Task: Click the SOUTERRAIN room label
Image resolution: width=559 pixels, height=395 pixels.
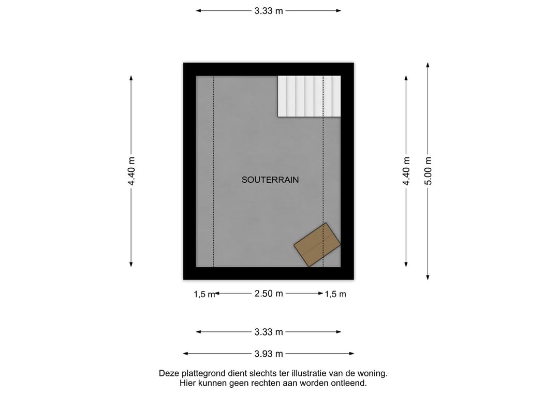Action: coord(270,180)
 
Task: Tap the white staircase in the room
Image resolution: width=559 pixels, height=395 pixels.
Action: coord(309,96)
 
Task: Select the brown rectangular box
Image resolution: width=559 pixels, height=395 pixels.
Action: coord(317,244)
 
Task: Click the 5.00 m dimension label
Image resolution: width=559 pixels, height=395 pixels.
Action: coord(428,171)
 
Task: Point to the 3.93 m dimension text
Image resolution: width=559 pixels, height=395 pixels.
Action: coord(269,354)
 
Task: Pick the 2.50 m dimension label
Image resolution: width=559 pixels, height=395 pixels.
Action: coord(269,294)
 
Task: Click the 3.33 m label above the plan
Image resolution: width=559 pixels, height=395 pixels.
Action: coord(269,11)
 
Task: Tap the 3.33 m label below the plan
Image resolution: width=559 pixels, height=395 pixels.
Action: coord(269,332)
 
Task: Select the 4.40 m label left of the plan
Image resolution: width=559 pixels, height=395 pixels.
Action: coord(131,171)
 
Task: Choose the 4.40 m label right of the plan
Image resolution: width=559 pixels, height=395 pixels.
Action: coord(406,171)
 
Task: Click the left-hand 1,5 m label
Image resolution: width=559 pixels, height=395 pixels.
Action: coord(204,294)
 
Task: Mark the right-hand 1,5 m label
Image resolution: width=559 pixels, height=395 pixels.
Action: coord(335,294)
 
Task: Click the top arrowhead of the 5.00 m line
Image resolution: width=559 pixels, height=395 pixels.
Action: coord(428,65)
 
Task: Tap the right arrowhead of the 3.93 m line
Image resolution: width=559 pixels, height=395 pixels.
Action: coord(352,354)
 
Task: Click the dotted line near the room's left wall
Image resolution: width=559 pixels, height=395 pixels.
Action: coord(213,171)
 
